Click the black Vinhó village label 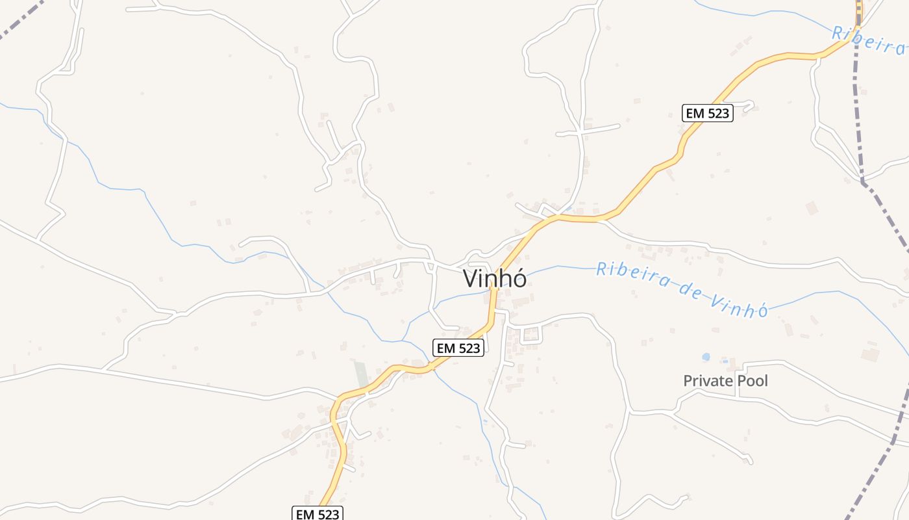[495, 278]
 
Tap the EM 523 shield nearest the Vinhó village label [458, 348]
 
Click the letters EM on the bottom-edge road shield [305, 514]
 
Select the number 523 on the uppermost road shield [717, 113]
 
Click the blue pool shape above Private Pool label [706, 357]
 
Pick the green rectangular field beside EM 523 [360, 374]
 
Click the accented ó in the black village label [519, 278]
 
